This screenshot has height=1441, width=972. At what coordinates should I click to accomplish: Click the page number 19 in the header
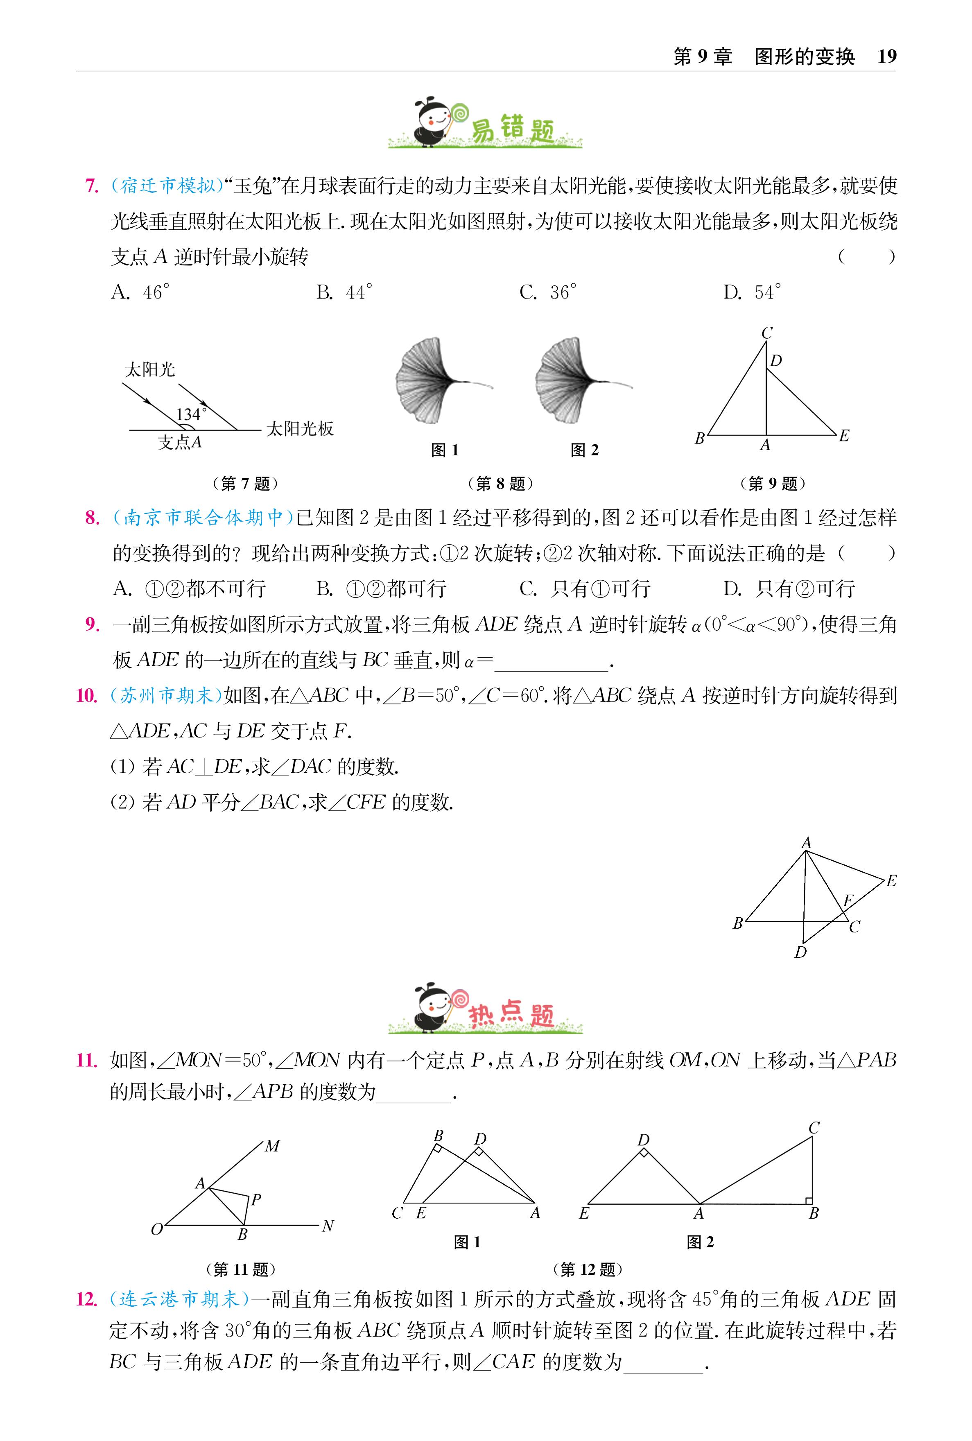886,57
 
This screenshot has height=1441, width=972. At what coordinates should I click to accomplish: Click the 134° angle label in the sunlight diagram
191,414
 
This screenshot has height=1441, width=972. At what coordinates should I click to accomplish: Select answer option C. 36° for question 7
548,292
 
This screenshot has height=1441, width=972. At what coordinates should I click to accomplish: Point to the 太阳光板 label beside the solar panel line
300,428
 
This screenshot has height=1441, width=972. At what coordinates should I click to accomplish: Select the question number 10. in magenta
87,696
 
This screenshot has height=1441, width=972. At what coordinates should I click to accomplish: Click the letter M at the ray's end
273,1147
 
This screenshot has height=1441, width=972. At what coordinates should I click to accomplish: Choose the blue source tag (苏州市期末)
166,696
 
